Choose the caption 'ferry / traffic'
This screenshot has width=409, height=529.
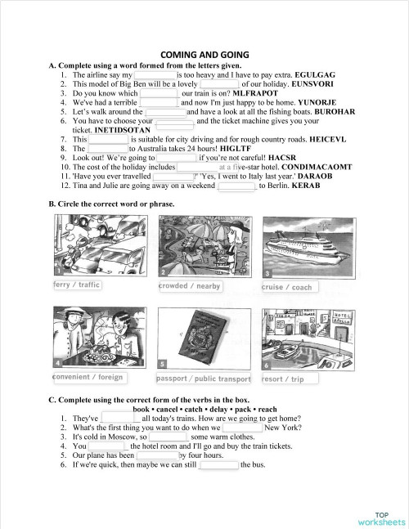pyautogui.click(x=76, y=285)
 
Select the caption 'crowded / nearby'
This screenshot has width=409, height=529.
pyautogui.click(x=189, y=286)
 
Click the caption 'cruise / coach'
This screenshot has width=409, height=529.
pyautogui.click(x=286, y=287)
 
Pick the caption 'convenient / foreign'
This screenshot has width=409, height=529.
pyautogui.click(x=88, y=377)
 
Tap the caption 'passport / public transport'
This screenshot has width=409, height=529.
pyautogui.click(x=204, y=379)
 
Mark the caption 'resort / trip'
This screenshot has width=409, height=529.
pyautogui.click(x=283, y=379)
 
